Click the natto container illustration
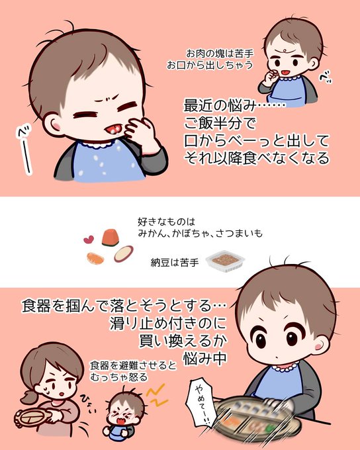[x=225, y=261]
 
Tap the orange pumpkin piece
[x=111, y=238]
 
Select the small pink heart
[x=89, y=239]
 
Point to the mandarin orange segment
[x=95, y=258]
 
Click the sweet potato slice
[x=124, y=253]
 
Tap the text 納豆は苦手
[x=175, y=263]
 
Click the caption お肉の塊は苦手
[x=220, y=54]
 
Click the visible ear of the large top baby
[x=53, y=124]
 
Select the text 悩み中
[x=205, y=358]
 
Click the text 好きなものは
[x=166, y=222]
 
